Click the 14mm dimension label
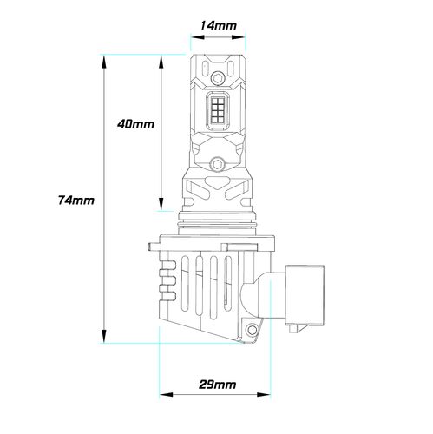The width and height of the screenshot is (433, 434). pos(217,25)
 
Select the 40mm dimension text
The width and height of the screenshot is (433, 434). pos(135,124)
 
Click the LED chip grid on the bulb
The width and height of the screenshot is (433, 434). pos(217,111)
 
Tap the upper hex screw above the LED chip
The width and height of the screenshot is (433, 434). pos(217,79)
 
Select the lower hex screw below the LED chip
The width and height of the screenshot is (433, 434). pos(217,161)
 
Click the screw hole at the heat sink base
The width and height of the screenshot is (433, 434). pos(253,331)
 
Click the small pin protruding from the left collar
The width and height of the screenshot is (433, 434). pos(149,249)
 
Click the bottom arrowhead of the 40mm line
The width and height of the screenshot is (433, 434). pos(161,208)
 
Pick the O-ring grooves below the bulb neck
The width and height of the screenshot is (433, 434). pos(217,222)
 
